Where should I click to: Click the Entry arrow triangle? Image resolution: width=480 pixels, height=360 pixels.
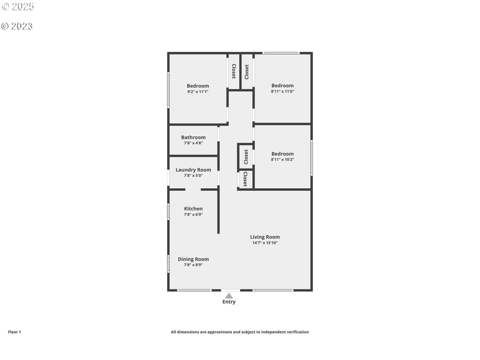pos(229,296)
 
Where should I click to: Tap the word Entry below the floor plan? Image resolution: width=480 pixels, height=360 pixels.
pos(229,302)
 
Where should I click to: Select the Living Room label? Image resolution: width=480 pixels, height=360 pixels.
pos(265,237)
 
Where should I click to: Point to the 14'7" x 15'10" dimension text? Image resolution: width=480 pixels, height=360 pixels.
pos(265,243)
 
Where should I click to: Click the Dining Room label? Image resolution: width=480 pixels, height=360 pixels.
pos(193,259)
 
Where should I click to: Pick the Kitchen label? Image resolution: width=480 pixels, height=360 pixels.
pos(193,209)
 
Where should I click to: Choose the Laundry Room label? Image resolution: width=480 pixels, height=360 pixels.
pos(193,170)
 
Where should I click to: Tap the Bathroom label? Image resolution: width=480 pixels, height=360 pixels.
pos(193,137)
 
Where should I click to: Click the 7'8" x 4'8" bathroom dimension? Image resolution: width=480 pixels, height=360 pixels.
pos(193,143)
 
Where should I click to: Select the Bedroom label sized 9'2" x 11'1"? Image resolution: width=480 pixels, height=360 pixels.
pos(198,86)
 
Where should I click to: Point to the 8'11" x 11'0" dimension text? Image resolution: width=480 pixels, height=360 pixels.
pos(282,91)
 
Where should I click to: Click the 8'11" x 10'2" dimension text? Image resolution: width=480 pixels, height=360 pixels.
pos(282,159)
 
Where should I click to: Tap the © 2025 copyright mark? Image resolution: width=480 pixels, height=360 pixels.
pos(18,6)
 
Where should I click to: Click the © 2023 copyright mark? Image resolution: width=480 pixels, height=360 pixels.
pos(17,26)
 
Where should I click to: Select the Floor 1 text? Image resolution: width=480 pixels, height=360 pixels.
pos(14,332)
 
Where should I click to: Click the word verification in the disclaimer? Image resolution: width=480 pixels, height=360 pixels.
pos(298,332)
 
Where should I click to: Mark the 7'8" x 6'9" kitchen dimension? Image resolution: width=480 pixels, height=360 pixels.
pos(193,214)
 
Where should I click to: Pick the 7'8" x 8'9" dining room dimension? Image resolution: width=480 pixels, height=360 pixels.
pos(193,265)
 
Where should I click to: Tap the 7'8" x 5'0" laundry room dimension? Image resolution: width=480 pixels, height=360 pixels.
pos(193,175)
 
